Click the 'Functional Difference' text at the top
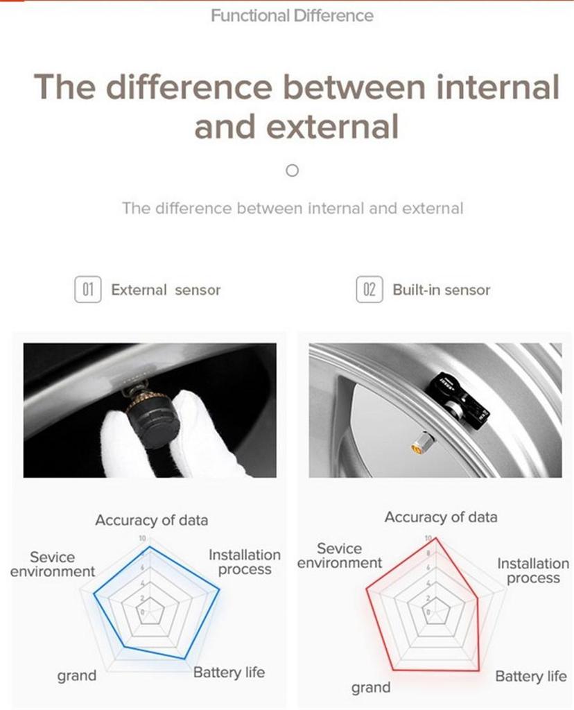point(292,15)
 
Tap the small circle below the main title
point(293,170)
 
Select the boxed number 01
point(87,289)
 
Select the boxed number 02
point(369,289)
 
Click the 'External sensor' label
point(166,290)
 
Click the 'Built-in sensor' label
point(441,290)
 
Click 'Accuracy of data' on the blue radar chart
point(151,520)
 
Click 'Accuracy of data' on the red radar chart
point(441,517)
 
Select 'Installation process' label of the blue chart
point(245,562)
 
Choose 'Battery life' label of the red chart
point(531,676)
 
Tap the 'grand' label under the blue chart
point(76,675)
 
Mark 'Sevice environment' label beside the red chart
point(340,555)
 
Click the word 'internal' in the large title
point(488,88)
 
